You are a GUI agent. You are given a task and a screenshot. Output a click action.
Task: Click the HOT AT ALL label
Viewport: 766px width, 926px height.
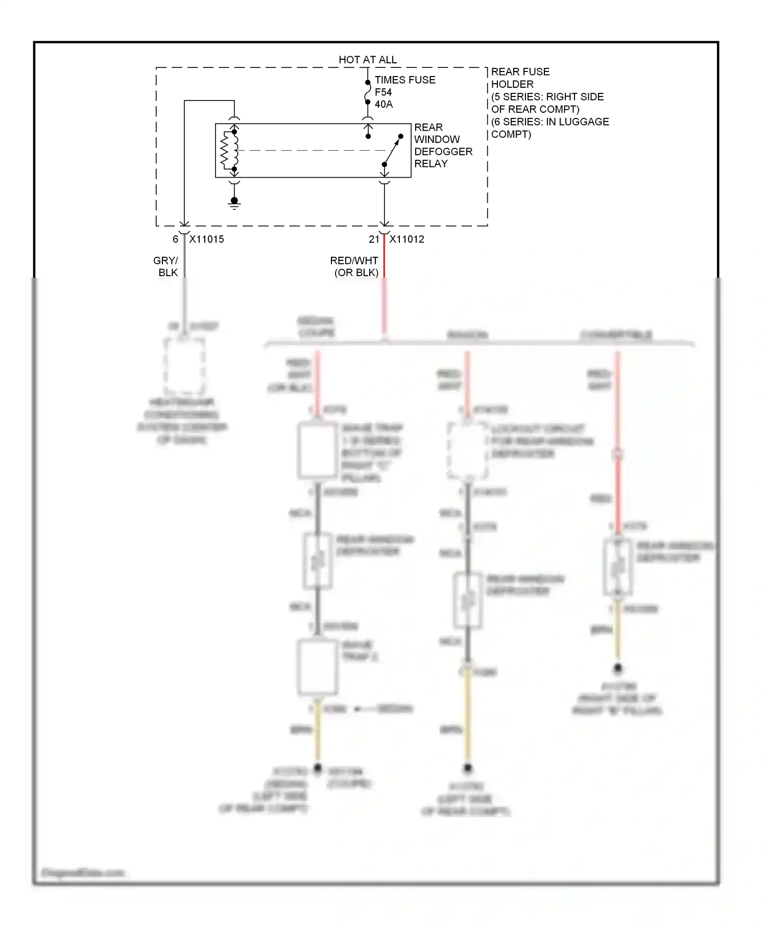click(x=367, y=60)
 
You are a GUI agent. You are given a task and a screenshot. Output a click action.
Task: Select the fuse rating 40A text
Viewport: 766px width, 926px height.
click(x=384, y=104)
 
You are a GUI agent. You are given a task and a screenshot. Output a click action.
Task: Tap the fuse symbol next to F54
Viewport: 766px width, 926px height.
click(x=368, y=92)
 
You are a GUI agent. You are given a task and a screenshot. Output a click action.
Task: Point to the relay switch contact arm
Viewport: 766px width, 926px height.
click(x=393, y=151)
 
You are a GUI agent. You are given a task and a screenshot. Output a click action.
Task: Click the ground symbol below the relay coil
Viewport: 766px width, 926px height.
click(x=234, y=203)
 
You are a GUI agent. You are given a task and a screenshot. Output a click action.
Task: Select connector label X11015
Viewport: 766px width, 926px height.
click(x=206, y=239)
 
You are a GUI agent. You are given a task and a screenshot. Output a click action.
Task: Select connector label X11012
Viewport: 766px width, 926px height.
click(x=406, y=239)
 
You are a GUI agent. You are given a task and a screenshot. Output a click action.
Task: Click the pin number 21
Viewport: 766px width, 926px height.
click(x=374, y=239)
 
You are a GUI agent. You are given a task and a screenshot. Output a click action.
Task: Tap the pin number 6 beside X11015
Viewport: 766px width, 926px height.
click(x=175, y=239)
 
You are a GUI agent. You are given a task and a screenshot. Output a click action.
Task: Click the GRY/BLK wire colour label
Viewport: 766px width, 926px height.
click(x=166, y=266)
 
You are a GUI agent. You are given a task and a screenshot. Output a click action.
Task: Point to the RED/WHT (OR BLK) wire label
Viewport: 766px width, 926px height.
click(x=355, y=266)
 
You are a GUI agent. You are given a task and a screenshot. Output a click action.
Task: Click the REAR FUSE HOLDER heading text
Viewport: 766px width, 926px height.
click(x=520, y=78)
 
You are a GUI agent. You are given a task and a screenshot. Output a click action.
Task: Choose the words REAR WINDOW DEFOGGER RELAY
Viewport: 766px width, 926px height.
click(x=442, y=145)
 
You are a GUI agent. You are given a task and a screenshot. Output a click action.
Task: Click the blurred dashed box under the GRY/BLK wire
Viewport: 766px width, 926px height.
click(x=184, y=365)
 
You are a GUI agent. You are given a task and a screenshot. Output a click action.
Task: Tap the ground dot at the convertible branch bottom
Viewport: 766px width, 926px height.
click(x=617, y=668)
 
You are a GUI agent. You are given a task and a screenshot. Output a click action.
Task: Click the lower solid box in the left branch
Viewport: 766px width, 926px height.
click(x=318, y=667)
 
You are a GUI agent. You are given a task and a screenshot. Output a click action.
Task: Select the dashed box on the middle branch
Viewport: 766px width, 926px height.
click(x=467, y=451)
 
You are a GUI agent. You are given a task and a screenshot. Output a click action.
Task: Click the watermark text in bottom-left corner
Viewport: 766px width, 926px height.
click(x=83, y=872)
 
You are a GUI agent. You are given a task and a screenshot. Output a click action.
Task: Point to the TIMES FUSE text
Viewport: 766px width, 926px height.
click(x=405, y=80)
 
